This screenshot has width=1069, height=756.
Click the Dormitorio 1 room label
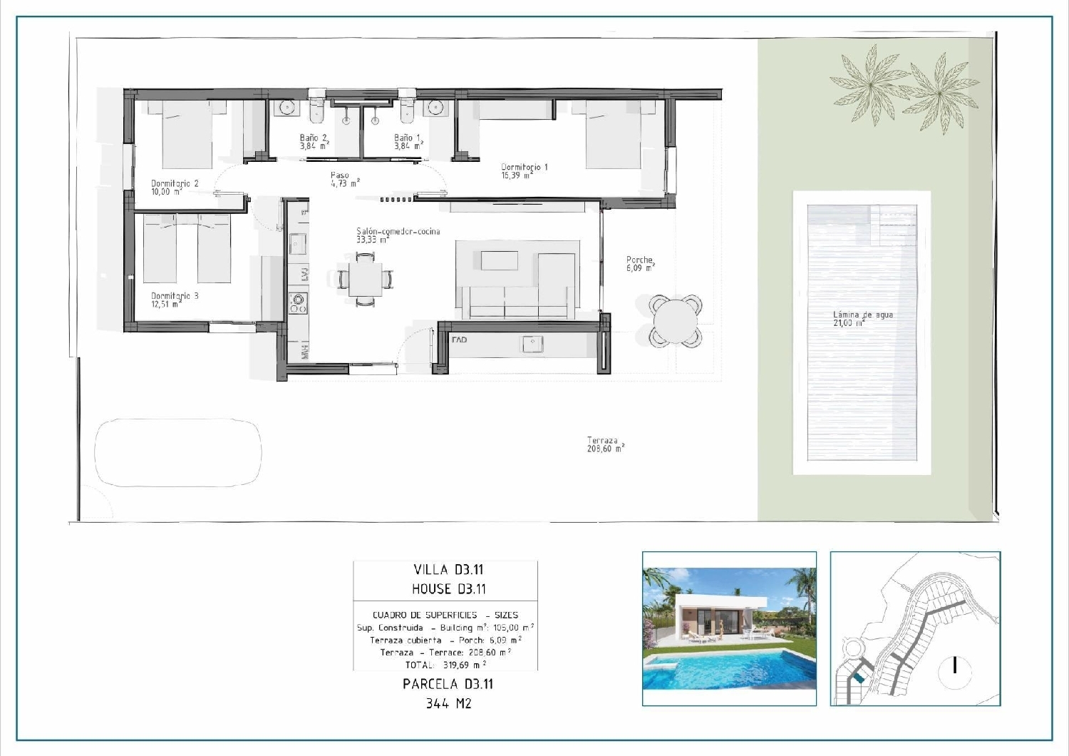pyautogui.click(x=524, y=171)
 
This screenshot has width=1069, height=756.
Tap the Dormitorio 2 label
pyautogui.click(x=175, y=187)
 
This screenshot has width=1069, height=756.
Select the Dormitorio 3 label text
pyautogui.click(x=175, y=300)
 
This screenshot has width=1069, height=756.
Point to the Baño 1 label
pyautogui.click(x=408, y=142)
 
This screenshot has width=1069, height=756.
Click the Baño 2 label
pyautogui.click(x=314, y=142)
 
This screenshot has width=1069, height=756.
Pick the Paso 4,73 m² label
pyautogui.click(x=344, y=179)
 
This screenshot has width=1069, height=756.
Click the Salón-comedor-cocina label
pyautogui.click(x=398, y=235)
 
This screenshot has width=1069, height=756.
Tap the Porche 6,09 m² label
pyautogui.click(x=640, y=264)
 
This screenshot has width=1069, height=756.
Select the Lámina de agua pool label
pyautogui.click(x=862, y=319)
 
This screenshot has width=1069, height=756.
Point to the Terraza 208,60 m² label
pyautogui.click(x=605, y=444)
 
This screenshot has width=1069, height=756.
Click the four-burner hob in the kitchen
pyautogui.click(x=297, y=303)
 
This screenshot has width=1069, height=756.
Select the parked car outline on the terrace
pyautogui.click(x=178, y=452)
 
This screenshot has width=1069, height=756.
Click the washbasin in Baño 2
pyautogui.click(x=287, y=108)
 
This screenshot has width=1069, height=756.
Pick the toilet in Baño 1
pyautogui.click(x=408, y=111)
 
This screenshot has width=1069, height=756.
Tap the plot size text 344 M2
pyautogui.click(x=448, y=703)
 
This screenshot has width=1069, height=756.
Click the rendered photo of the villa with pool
pyautogui.click(x=729, y=628)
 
